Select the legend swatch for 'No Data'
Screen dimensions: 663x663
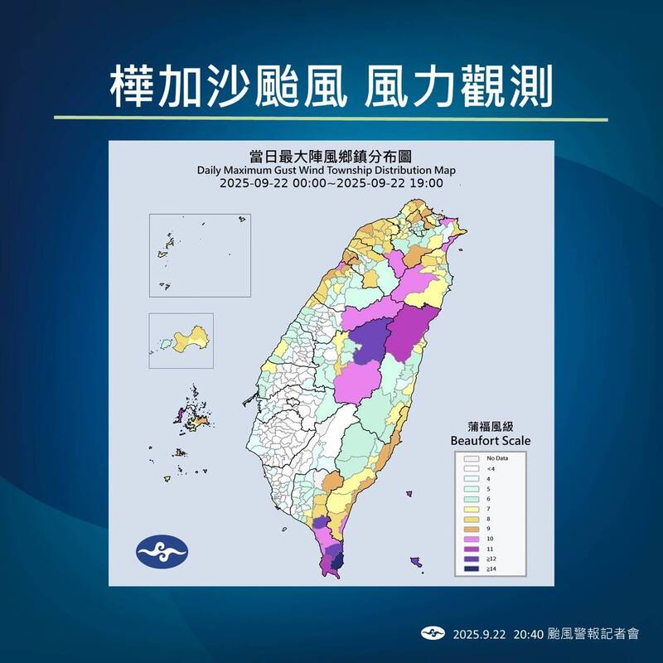click(472, 457)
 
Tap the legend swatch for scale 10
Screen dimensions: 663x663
click(472, 537)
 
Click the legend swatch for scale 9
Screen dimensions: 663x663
click(472, 525)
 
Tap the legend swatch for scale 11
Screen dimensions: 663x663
click(472, 549)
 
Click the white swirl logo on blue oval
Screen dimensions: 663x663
click(162, 551)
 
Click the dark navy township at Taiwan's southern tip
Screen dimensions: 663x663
click(336, 564)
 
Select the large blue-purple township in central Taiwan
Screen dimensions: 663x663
click(370, 341)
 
